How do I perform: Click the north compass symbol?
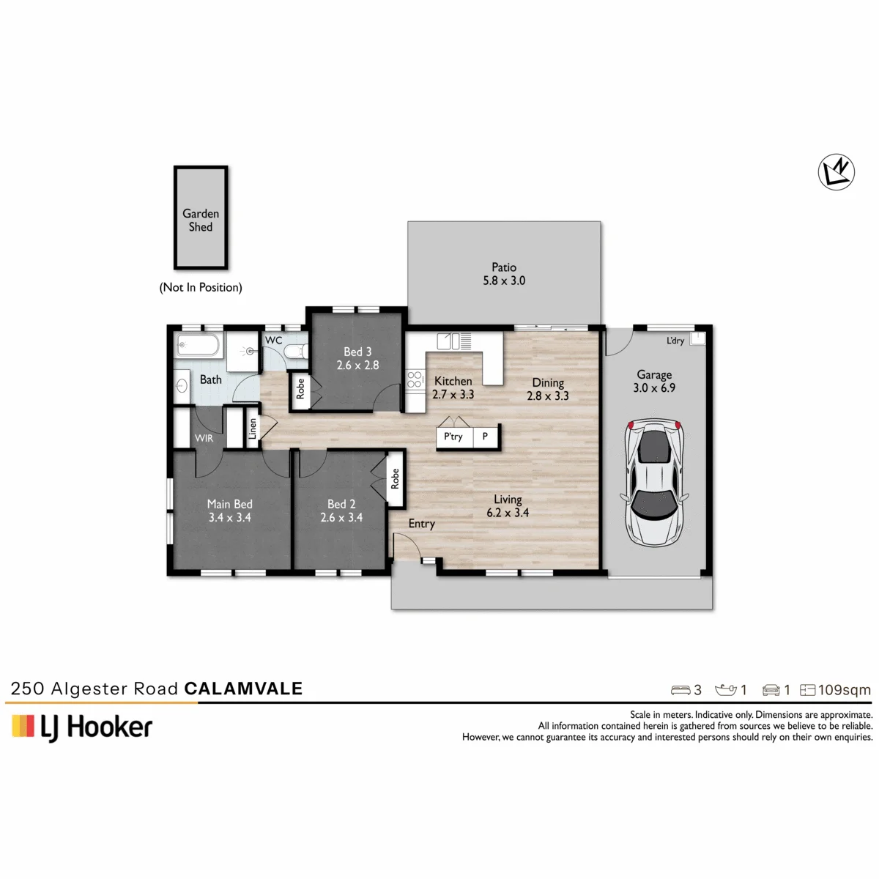pos(836,172)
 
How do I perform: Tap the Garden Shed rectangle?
pos(201,218)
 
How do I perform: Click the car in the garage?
pos(654,483)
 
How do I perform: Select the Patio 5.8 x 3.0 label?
pos(504,274)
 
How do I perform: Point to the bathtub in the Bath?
pos(198,345)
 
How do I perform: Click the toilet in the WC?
pos(296,352)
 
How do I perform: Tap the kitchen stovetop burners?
pos(414,379)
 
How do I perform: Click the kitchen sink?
pos(448,341)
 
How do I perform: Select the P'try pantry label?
pos(453,437)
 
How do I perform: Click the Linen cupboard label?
pos(252,429)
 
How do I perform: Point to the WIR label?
pos(204,438)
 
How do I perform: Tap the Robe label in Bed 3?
pos(300,389)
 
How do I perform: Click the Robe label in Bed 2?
pos(395,478)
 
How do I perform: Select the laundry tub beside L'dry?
pos(697,338)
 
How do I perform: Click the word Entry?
pos(421,524)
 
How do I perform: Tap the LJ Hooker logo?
pos(82,727)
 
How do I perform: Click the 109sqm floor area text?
pos(845,690)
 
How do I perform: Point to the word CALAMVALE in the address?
pos(244,689)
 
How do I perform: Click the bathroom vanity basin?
pos(182,386)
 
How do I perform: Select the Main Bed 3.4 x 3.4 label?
pos(229,511)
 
